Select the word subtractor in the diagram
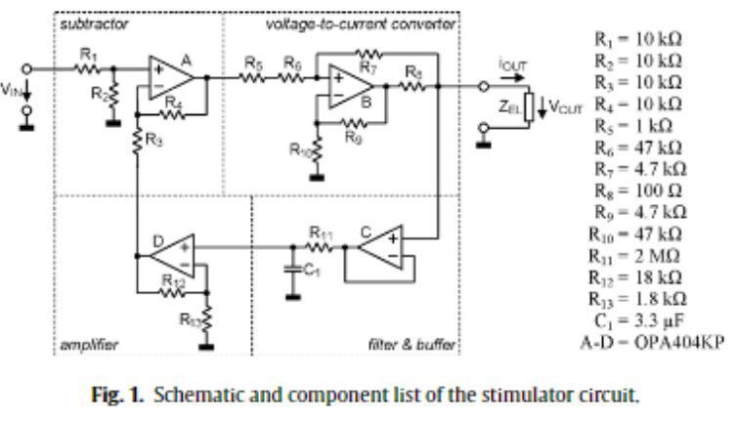83,23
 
